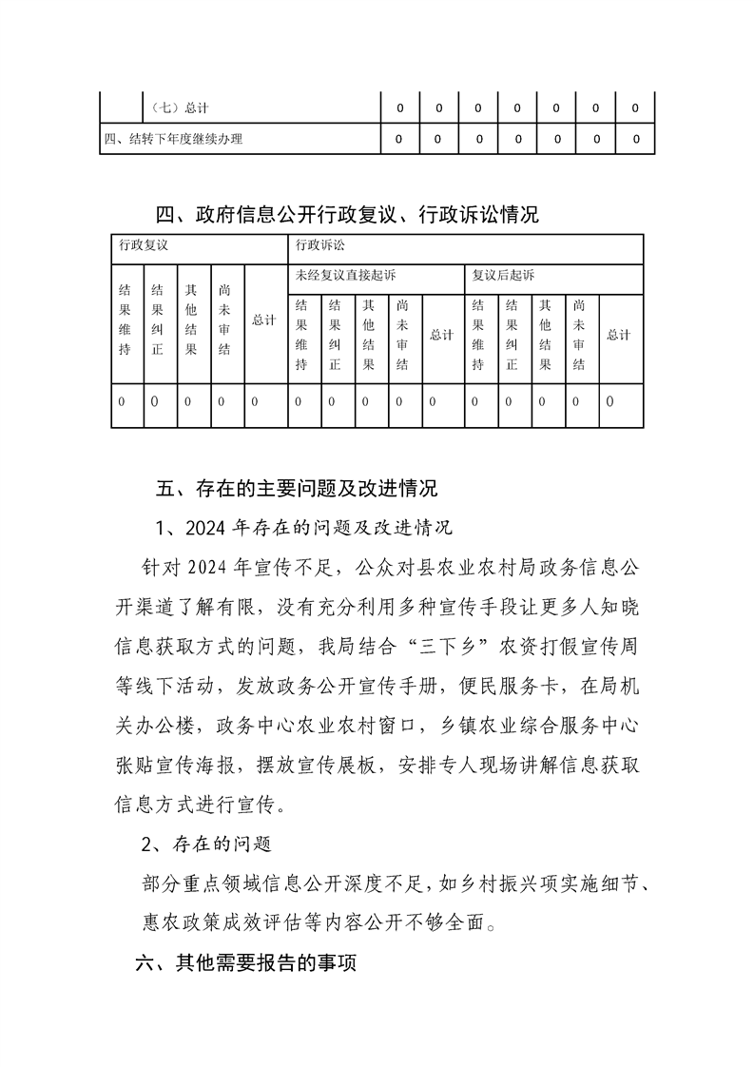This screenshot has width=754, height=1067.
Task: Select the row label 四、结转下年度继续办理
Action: point(173,140)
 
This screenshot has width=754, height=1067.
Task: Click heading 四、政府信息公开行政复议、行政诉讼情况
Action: point(347,215)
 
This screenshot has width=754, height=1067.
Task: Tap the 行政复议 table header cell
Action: point(144,245)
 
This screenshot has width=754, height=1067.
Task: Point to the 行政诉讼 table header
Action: point(320,245)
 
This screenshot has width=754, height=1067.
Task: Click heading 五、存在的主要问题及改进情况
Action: point(296,490)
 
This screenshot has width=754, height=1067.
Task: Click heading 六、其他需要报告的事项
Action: point(246,963)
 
